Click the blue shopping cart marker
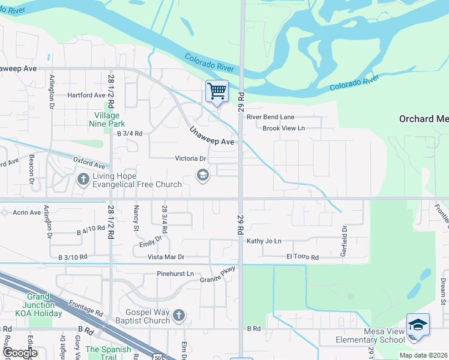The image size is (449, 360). (217, 92)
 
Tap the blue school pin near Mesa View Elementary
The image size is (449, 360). (418, 325)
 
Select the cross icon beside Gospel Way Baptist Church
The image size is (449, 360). (178, 315)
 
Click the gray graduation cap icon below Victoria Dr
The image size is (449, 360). (203, 175)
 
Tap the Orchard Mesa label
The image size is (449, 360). (424, 119)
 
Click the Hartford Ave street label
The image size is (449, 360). (86, 95)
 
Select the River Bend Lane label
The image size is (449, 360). (270, 117)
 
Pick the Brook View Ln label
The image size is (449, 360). (283, 128)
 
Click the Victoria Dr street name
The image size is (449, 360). (190, 159)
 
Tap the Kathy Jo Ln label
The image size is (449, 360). (264, 241)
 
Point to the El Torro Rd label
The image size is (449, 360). (302, 257)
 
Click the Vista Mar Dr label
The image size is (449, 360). (166, 257)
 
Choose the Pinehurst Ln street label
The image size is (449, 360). (175, 274)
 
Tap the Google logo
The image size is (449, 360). (20, 353)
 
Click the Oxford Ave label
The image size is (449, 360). (89, 163)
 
